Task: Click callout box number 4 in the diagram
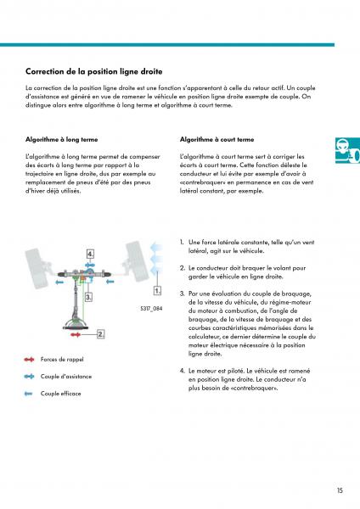click(x=90, y=254)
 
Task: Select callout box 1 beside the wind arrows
click(x=157, y=290)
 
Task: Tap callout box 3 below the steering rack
click(x=88, y=297)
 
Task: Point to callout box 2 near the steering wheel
click(x=101, y=334)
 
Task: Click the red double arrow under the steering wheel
click(x=76, y=334)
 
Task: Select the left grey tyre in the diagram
click(x=37, y=268)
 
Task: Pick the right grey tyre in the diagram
click(x=138, y=260)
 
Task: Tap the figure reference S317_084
click(x=151, y=309)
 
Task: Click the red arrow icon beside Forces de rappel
click(x=29, y=360)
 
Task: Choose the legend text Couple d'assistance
click(x=66, y=377)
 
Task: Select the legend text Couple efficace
click(x=61, y=394)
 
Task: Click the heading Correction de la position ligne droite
click(x=94, y=71)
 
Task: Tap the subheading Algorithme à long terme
click(x=62, y=140)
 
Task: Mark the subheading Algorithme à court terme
click(x=217, y=140)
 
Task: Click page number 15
click(x=340, y=490)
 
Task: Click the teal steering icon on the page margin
click(x=347, y=150)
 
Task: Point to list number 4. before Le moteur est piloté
click(x=183, y=371)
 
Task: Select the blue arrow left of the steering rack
click(x=59, y=282)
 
